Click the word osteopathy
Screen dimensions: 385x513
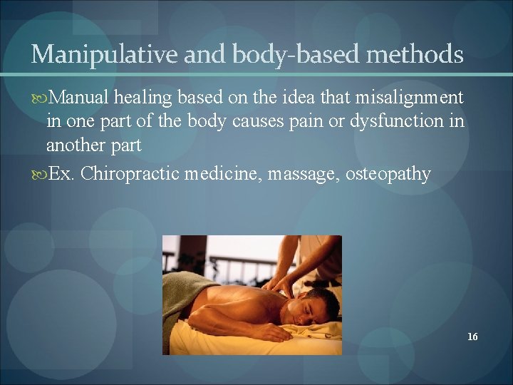(388, 175)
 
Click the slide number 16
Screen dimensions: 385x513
(472, 337)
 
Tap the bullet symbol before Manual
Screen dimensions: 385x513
(40, 98)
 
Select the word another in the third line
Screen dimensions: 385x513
(76, 145)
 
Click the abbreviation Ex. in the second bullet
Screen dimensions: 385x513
(62, 175)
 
